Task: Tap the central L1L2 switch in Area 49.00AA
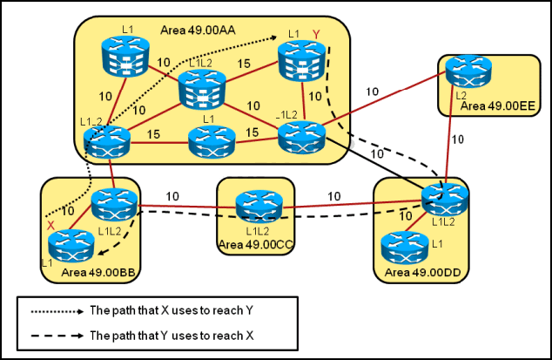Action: click(202, 89)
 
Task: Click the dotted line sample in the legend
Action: click(55, 310)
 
